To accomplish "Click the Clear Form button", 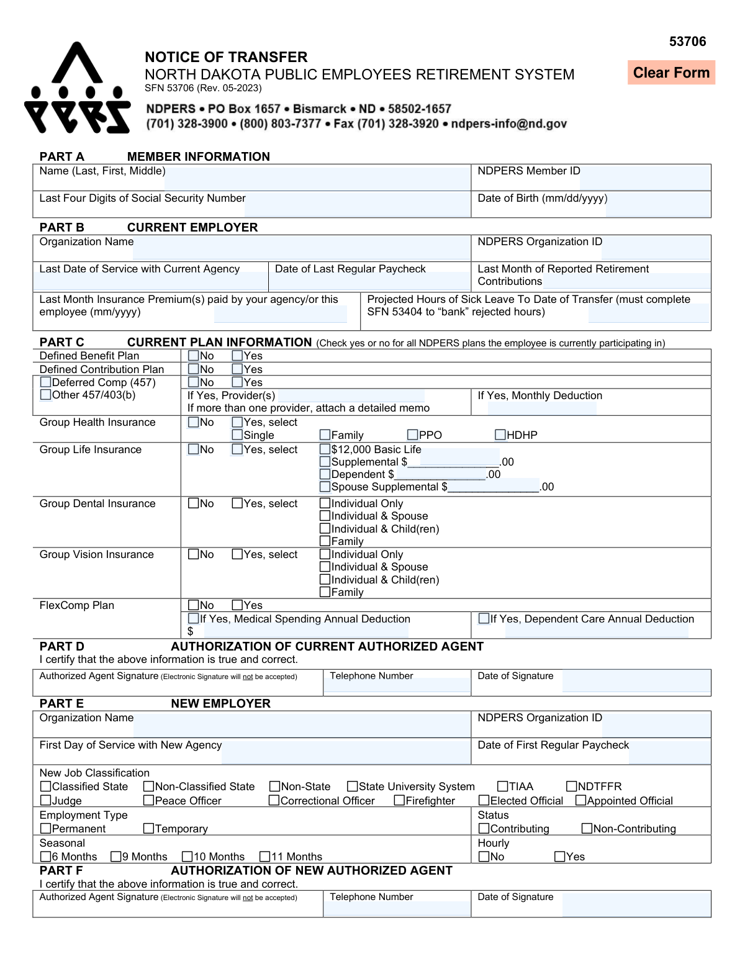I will (x=671, y=73).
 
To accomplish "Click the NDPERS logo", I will (x=77, y=89).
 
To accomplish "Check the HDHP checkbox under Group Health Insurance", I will (x=500, y=435).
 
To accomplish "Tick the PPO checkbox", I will (x=413, y=435).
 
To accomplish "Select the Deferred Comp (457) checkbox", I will (x=45, y=382).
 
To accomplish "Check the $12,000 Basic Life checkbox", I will (x=325, y=449).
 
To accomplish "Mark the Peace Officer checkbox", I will (x=148, y=800).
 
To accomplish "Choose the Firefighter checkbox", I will (x=399, y=800).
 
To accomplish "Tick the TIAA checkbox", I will (x=503, y=786).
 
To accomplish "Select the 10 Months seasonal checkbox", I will (x=187, y=857).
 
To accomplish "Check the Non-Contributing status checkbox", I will (x=587, y=828).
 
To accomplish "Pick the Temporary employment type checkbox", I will (x=148, y=828).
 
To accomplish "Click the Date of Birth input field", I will (x=657, y=205).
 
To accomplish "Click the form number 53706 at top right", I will (x=687, y=42).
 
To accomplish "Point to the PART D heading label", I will (x=62, y=646).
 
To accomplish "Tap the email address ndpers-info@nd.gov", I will (x=508, y=124).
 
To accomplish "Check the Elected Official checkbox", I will (x=484, y=800).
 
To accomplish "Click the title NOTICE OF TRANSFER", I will (x=226, y=57).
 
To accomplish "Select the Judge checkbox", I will (x=45, y=800).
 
